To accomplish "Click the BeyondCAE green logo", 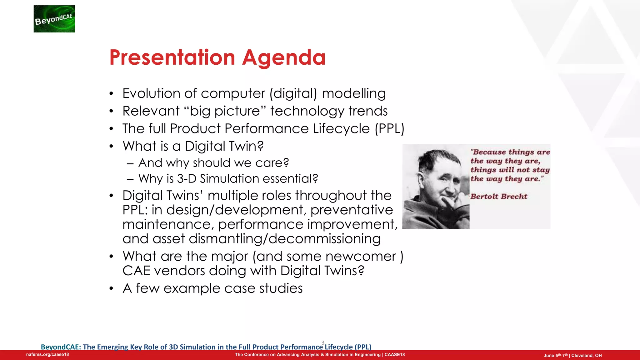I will pos(54,19).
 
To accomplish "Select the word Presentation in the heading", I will pos(172,57).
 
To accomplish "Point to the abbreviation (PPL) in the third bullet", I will pos(389,129).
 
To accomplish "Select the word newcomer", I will pos(361,256).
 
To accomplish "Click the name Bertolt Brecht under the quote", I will pos(499,197).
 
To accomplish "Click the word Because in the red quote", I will pos(489,152).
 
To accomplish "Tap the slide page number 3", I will pos(323,342).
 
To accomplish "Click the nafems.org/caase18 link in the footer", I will pos(47,355).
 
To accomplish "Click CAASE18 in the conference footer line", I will pos(394,355).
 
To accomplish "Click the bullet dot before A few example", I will pos(111,288).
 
